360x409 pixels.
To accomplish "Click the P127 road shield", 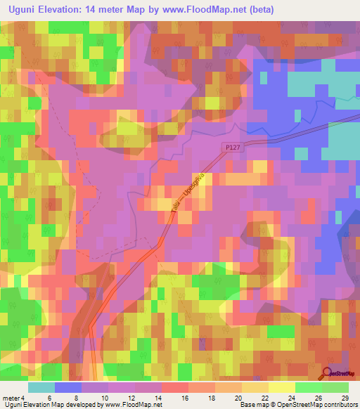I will point(234,147).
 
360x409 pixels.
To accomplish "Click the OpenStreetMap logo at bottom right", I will point(340,374).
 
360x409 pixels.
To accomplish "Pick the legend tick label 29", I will point(344,397).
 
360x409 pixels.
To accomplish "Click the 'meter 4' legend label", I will point(14,397).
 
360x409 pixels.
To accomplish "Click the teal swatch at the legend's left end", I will point(41,387).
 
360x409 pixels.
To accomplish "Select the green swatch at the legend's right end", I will point(335,387).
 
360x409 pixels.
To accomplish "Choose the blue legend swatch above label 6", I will point(68,387).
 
